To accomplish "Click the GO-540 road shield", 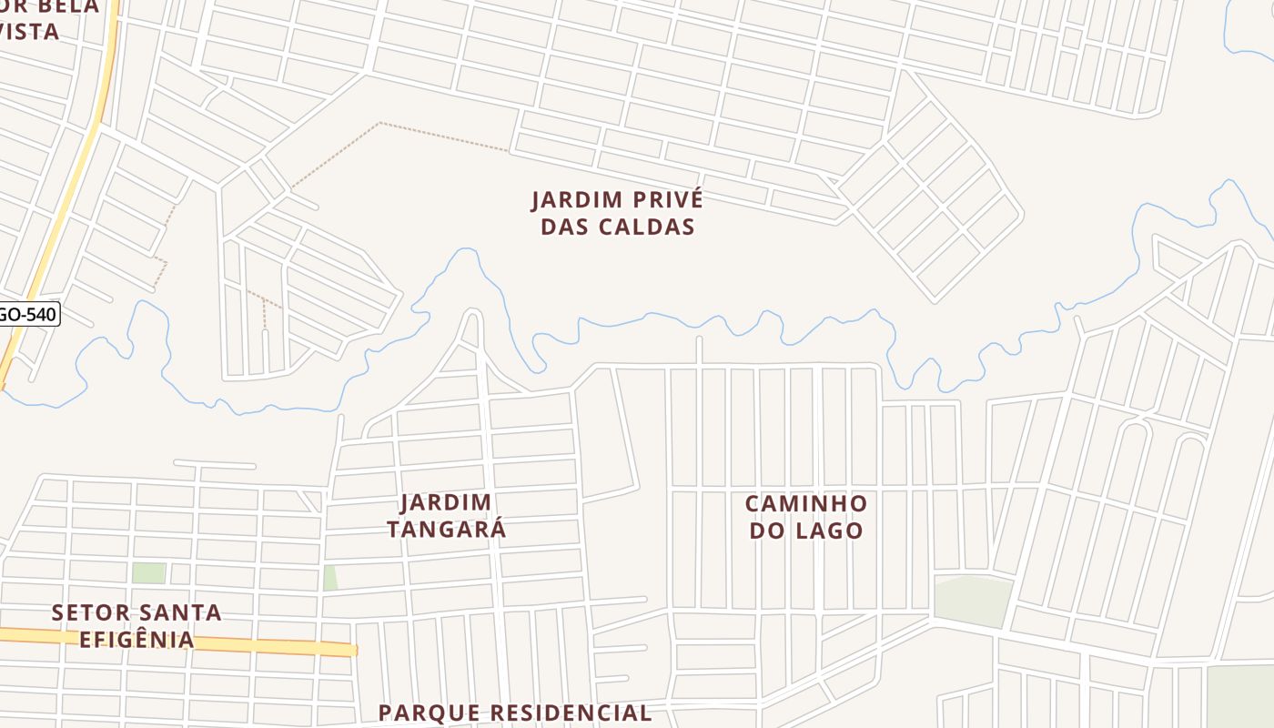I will pyautogui.click(x=27, y=315).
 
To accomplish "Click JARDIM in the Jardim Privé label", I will pyautogui.click(x=570, y=199).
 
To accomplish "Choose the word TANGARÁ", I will pyautogui.click(x=446, y=530).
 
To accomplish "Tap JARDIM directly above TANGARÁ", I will pyautogui.click(x=446, y=502).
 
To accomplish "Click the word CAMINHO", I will pyautogui.click(x=805, y=503).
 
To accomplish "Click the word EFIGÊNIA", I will pyautogui.click(x=136, y=640).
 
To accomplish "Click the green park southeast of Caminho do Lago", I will pyautogui.click(x=973, y=600).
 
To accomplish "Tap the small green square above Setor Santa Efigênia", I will pyautogui.click(x=148, y=572).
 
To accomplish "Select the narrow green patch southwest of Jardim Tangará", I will pyautogui.click(x=329, y=577).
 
